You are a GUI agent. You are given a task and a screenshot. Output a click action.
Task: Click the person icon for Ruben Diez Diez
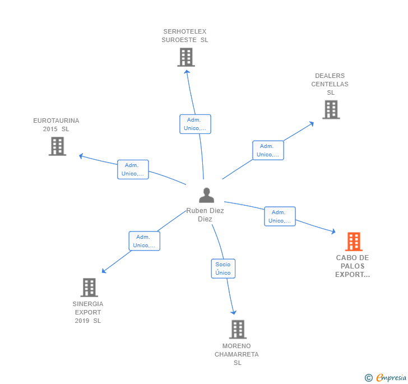207,196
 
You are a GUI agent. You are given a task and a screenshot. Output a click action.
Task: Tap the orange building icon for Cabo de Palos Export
354,242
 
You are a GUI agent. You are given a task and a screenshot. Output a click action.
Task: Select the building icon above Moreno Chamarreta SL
238,330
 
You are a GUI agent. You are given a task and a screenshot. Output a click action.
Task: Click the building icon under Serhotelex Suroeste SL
186,57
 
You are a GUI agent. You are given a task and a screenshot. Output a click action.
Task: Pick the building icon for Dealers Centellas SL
331,109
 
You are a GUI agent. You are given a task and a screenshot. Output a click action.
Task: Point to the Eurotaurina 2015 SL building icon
57,146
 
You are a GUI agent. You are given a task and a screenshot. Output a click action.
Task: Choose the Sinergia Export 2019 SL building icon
89,288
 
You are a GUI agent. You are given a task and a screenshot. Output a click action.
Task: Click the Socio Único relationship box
223,269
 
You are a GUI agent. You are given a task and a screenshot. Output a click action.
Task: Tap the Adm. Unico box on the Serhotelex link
195,124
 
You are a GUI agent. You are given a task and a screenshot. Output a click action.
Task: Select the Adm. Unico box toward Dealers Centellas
268,150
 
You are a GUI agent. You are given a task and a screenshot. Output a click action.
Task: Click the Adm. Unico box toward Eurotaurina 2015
133,169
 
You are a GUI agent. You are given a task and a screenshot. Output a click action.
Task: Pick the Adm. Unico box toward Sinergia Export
144,241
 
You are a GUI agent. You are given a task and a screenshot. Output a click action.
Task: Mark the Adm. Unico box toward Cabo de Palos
280,216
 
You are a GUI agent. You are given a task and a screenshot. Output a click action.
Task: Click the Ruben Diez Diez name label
205,215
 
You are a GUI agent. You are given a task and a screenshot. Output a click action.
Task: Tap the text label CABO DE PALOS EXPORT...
353,266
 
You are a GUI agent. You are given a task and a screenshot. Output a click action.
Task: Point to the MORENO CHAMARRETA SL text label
237,354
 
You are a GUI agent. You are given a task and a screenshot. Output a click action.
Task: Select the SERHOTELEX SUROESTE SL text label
185,36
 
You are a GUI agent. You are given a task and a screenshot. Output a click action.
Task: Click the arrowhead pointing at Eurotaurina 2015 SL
81,156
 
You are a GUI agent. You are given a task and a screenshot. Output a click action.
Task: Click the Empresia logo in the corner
391,377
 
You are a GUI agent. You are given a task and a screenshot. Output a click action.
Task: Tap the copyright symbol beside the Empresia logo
369,378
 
